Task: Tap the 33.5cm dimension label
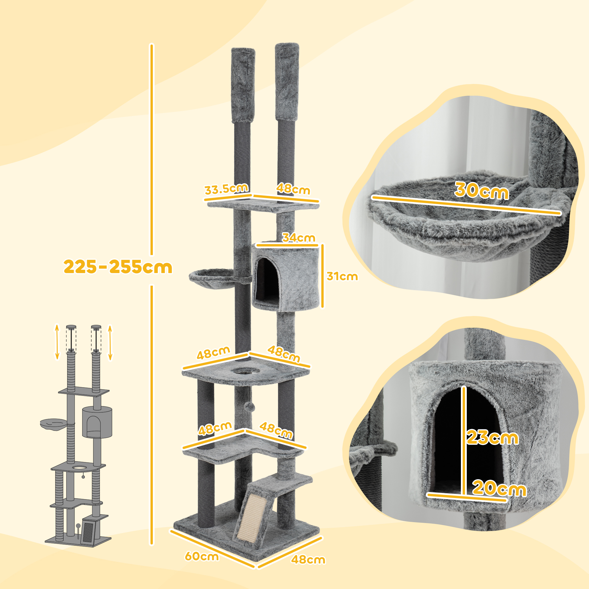pos(226,189)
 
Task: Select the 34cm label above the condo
pos(298,237)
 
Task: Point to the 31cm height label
pos(342,276)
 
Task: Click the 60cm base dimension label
pos(202,556)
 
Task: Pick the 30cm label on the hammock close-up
pos(482,191)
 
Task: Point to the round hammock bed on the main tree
pos(211,278)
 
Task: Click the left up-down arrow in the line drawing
pos(57,342)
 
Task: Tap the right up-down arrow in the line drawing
pos(110,343)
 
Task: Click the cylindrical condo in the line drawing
pos(97,422)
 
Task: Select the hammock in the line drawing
pos(53,423)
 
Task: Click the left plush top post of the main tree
pos(243,85)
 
